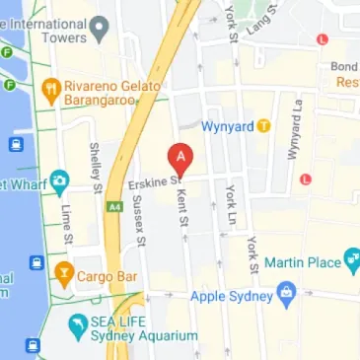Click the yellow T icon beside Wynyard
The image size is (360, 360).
[x=263, y=126]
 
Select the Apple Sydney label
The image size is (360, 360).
[x=232, y=293]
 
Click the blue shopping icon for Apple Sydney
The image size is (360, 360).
[x=286, y=292]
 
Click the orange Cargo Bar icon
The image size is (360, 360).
[x=65, y=271]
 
